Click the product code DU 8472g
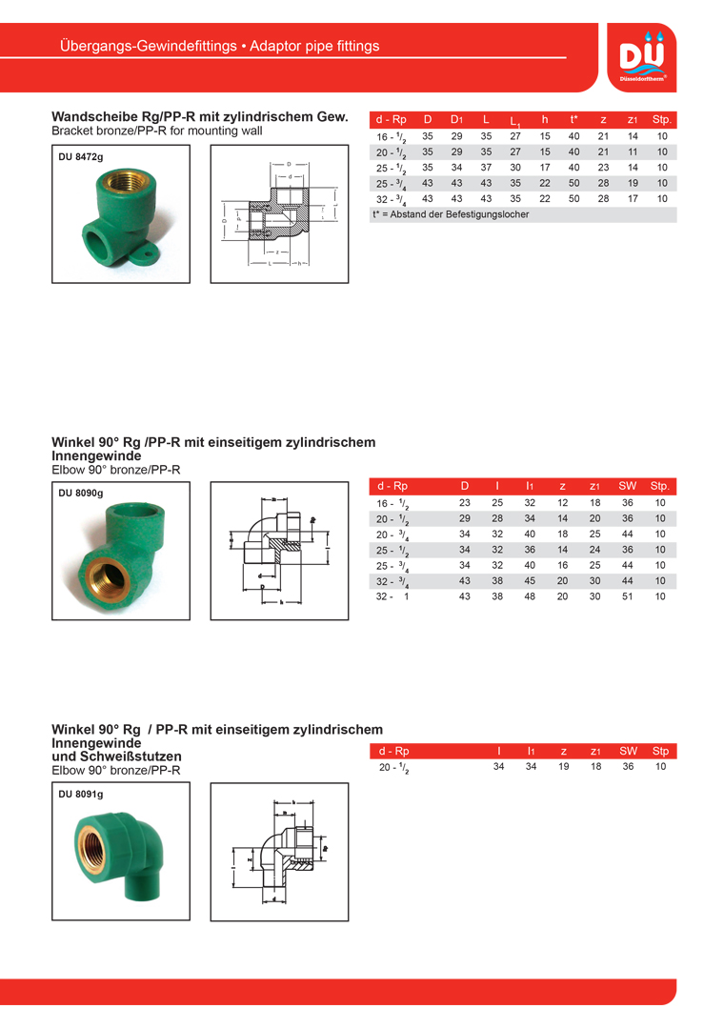[x=80, y=155]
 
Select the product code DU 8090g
[x=80, y=493]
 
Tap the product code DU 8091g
[x=80, y=794]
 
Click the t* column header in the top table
[x=574, y=120]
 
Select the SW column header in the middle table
[x=628, y=486]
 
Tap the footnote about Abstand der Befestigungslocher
[x=451, y=214]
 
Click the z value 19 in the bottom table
[x=563, y=766]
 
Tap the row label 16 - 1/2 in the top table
[x=392, y=137]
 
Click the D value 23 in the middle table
[x=465, y=503]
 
